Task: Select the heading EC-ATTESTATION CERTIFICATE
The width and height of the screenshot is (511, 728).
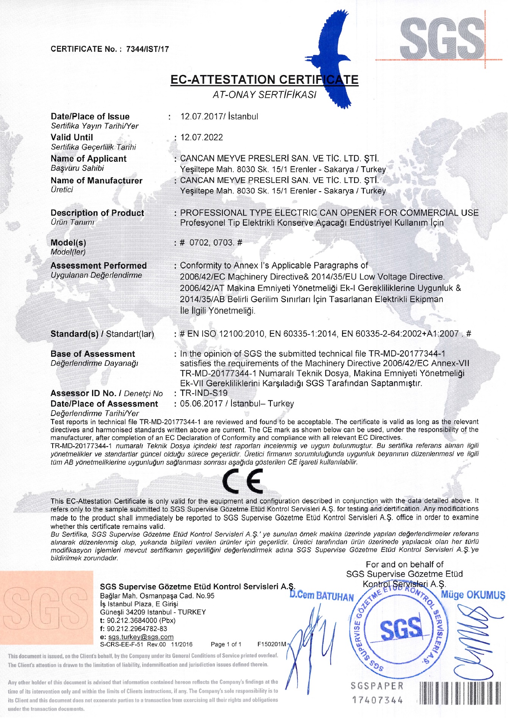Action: [x=264, y=80]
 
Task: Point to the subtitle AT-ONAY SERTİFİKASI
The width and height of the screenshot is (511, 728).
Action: [x=264, y=95]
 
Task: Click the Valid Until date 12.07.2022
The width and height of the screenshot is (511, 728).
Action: [x=202, y=137]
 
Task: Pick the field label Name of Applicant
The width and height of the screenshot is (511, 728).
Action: [x=89, y=159]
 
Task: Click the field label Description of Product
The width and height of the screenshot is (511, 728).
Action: [x=97, y=213]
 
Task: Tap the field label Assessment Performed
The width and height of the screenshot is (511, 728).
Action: [x=98, y=266]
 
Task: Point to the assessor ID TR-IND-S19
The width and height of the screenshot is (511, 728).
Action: [x=204, y=393]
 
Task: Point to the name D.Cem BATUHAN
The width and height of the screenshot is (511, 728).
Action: [x=322, y=596]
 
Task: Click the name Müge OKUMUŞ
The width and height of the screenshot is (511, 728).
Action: [x=473, y=595]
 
